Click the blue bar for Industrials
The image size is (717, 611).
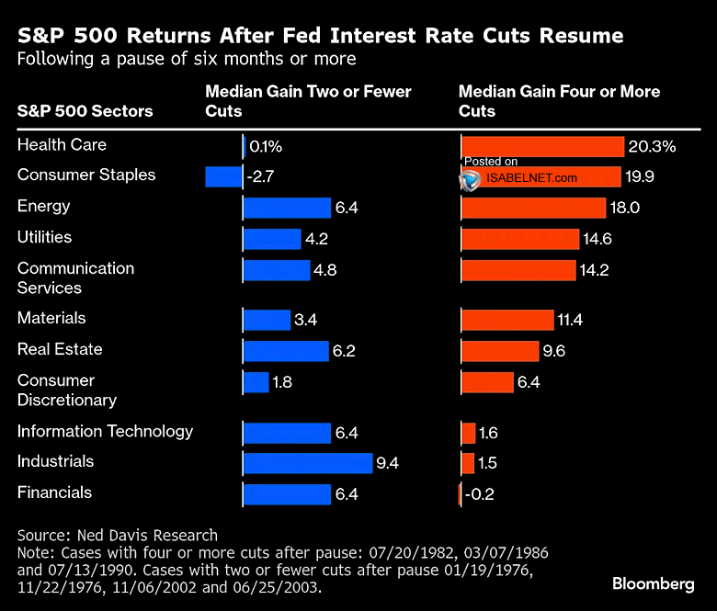tap(308, 463)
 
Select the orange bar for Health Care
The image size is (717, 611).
tap(542, 146)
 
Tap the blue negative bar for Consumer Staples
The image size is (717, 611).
tap(223, 176)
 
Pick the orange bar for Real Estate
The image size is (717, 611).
tap(500, 351)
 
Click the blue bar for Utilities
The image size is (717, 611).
tap(272, 239)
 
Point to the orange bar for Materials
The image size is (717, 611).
tap(507, 320)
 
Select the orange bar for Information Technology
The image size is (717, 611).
tap(469, 433)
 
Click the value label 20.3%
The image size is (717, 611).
tap(653, 146)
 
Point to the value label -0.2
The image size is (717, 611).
tap(479, 494)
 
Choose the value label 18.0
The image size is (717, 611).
tap(624, 208)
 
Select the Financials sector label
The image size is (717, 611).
tap(54, 492)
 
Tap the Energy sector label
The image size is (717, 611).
tap(43, 206)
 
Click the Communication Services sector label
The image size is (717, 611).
tap(75, 277)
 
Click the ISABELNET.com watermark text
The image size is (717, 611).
tap(532, 178)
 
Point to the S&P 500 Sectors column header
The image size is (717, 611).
tap(85, 111)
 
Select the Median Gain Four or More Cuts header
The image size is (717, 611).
tap(559, 101)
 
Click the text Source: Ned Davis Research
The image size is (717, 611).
tap(118, 535)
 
